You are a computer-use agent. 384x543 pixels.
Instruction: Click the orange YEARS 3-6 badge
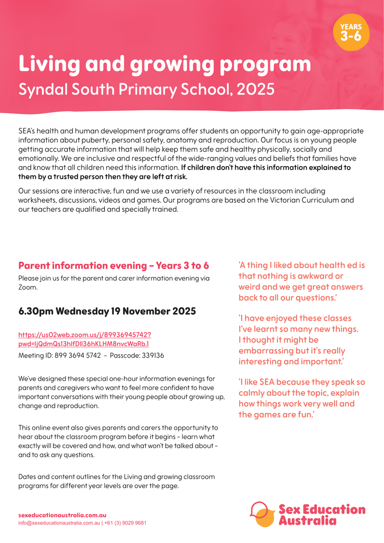(351, 33)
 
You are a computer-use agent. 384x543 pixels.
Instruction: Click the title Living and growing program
(165, 64)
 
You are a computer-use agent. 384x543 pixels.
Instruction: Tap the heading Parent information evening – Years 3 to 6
(114, 265)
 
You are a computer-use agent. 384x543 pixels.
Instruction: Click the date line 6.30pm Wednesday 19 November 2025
(107, 311)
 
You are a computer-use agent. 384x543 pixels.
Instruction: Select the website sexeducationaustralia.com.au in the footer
(62, 515)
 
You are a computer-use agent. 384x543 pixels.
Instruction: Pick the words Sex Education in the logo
(322, 510)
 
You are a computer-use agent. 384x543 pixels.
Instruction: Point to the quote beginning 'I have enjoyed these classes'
(299, 340)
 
